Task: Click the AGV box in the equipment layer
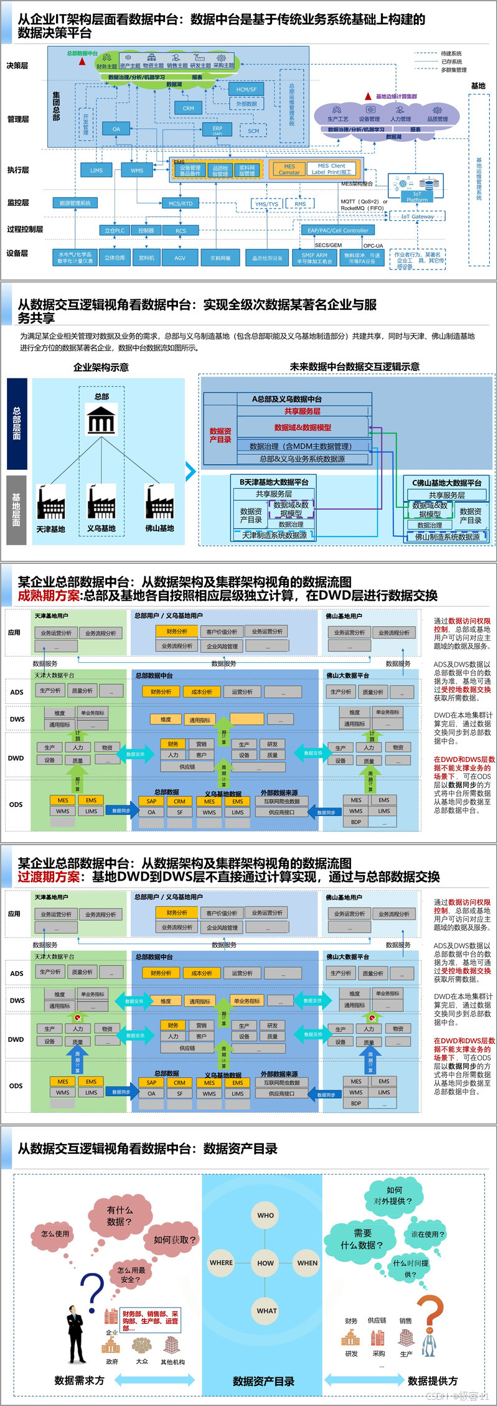pyautogui.click(x=180, y=258)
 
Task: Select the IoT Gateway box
pyautogui.click(x=417, y=217)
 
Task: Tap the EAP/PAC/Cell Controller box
pyautogui.click(x=338, y=230)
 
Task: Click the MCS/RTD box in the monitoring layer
pyautogui.click(x=181, y=203)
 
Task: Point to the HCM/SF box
pyautogui.click(x=247, y=89)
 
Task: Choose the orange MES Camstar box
pyautogui.click(x=289, y=169)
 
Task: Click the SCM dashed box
pyautogui.click(x=253, y=131)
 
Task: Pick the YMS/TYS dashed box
pyautogui.click(x=266, y=204)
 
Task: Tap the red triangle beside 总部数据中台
pyautogui.click(x=82, y=62)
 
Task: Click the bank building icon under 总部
pyautogui.click(x=101, y=419)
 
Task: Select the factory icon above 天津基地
pyautogui.click(x=50, y=502)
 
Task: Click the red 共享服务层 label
pyautogui.click(x=303, y=411)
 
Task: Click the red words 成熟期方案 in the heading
pyautogui.click(x=49, y=596)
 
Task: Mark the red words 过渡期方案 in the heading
pyautogui.click(x=49, y=877)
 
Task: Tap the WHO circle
pyautogui.click(x=266, y=1215)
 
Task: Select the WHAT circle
pyautogui.click(x=266, y=1310)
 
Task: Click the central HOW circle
pyautogui.click(x=266, y=1263)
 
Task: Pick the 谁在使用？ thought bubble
pyautogui.click(x=428, y=1234)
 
